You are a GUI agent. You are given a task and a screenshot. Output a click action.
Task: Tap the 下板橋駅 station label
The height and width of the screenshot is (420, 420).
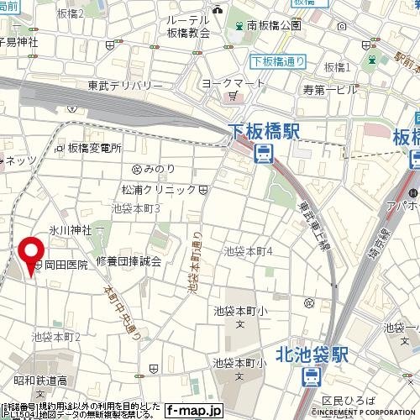[x=263, y=129]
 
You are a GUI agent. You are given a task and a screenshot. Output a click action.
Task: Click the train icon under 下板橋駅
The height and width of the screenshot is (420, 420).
[x=264, y=153]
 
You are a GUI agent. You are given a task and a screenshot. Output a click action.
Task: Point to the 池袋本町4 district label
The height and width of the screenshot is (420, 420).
[x=249, y=251]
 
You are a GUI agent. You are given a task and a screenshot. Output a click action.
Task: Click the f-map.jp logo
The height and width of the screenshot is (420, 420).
[x=193, y=410]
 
